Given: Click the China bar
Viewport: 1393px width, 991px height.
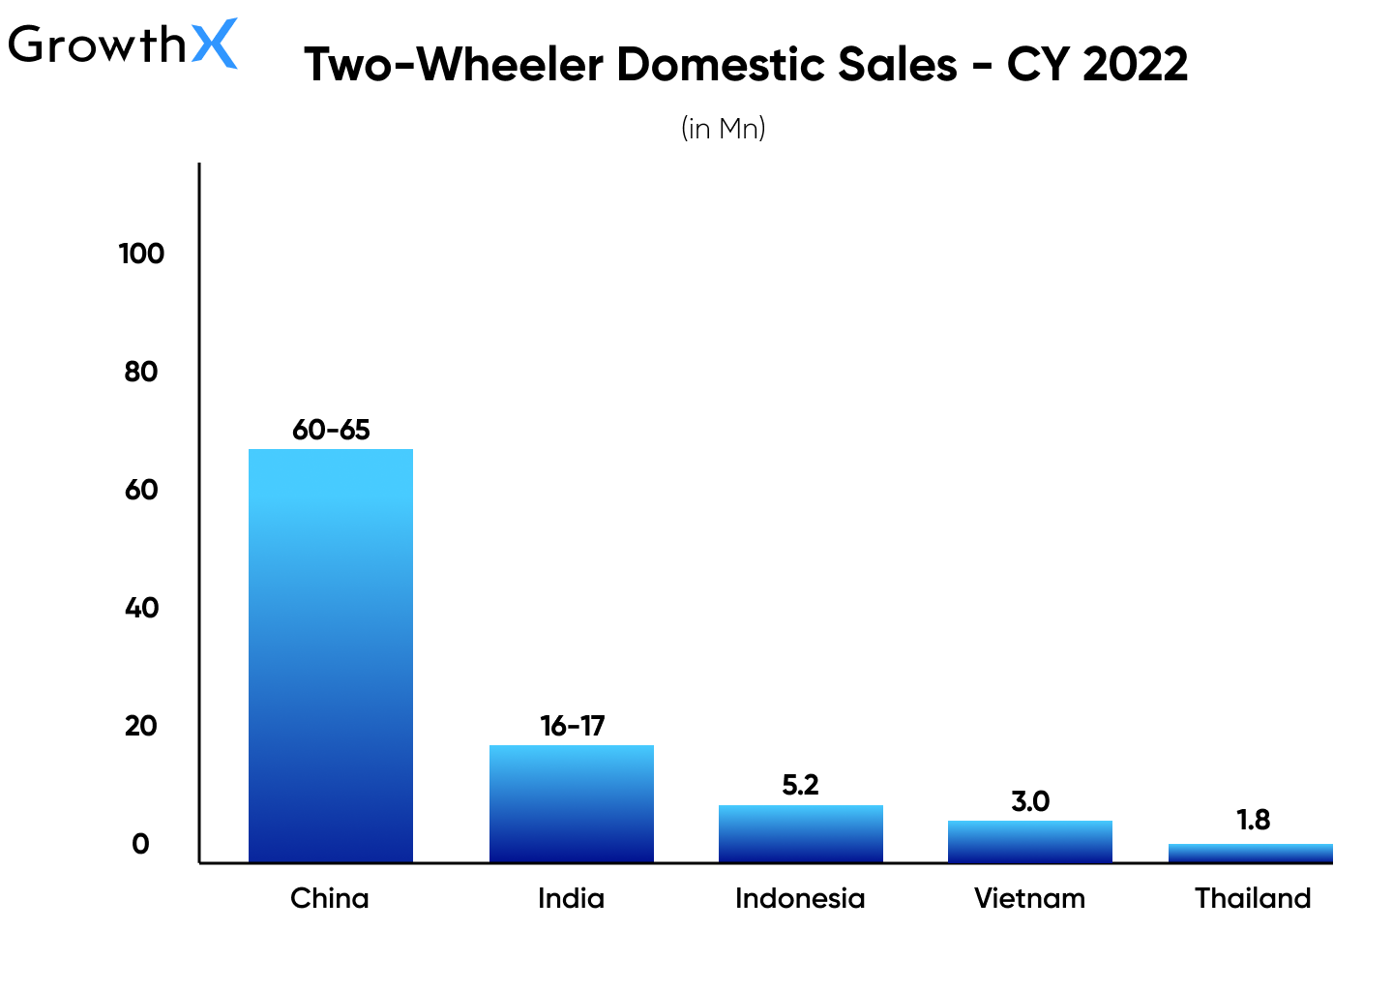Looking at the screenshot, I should (331, 655).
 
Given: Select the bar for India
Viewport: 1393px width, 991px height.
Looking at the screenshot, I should (572, 803).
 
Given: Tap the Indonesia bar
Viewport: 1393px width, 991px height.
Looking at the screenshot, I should (801, 833).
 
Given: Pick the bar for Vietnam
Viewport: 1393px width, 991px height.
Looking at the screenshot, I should (1030, 841).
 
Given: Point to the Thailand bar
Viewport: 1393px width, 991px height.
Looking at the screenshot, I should (1251, 853).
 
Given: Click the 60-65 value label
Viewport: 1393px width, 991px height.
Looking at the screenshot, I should (331, 430).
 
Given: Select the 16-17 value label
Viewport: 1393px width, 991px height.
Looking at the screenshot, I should (572, 726).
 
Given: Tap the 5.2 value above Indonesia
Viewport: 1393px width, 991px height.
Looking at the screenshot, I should (801, 785).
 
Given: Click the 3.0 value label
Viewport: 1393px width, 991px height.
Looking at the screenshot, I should (1030, 801).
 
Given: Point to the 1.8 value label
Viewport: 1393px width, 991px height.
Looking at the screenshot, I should (1253, 820).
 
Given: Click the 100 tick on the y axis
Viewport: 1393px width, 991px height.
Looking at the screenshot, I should (141, 254).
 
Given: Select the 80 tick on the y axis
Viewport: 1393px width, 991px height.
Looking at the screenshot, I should (141, 372).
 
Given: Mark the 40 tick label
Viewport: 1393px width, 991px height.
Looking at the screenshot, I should (141, 608).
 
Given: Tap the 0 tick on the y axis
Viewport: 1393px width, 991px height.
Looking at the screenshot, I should (141, 844).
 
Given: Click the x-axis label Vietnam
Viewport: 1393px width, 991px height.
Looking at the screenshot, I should (1029, 898).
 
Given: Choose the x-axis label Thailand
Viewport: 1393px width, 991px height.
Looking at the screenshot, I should (1253, 898).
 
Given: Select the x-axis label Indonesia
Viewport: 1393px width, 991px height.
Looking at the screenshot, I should (800, 898).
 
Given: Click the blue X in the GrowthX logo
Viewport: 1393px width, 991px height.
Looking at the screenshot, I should (214, 44).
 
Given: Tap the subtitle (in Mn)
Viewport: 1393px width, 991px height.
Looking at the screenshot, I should (724, 128).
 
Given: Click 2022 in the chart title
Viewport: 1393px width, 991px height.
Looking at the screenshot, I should (1136, 65).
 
